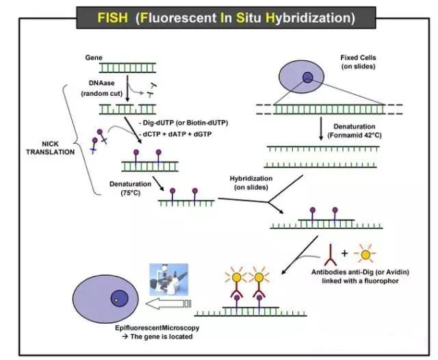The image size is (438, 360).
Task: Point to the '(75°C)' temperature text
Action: (126, 193)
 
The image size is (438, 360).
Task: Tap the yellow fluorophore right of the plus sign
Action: (366, 254)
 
